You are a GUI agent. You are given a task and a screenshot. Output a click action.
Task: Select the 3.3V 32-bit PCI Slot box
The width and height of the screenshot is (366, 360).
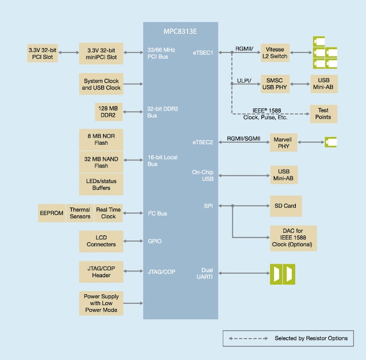[x=43, y=54]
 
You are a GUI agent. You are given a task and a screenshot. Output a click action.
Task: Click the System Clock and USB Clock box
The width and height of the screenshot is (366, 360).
[x=101, y=85]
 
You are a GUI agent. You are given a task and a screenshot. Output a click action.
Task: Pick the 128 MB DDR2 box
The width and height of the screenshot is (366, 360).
[x=108, y=111]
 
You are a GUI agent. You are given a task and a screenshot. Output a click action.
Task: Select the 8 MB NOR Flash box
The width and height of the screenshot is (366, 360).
[x=101, y=138]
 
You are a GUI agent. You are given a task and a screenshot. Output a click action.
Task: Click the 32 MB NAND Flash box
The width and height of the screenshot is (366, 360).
[x=101, y=162]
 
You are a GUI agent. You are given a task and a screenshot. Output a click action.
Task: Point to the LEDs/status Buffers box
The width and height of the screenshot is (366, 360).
[x=101, y=185]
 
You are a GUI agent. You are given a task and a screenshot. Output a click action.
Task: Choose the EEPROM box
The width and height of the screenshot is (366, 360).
[x=51, y=213]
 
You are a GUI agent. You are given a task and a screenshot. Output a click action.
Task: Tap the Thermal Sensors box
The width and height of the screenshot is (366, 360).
[x=80, y=213]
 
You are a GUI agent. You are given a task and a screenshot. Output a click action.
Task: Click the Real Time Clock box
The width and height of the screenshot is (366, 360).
[x=109, y=213]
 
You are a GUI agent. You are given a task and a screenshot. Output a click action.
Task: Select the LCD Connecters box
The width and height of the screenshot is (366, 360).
[x=101, y=241]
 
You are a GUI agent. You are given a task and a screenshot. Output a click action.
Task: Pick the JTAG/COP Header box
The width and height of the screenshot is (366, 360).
[x=101, y=271]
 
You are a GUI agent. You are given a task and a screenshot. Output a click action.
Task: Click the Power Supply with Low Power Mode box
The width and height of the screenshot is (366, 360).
[x=101, y=302]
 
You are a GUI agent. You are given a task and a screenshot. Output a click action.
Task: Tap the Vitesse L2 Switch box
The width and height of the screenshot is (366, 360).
[x=275, y=53]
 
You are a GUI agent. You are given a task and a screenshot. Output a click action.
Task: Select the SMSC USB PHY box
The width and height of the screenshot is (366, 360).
[x=275, y=83]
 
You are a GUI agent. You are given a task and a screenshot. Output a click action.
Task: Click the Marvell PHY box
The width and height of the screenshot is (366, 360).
[x=284, y=143]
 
